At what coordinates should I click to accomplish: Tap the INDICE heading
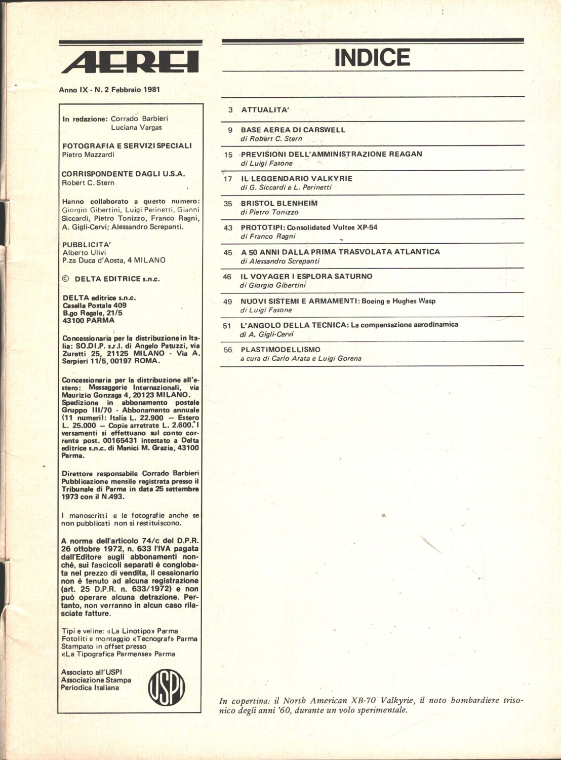coord(372,57)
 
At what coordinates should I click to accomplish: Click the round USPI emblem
coord(166,687)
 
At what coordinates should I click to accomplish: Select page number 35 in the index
coord(228,203)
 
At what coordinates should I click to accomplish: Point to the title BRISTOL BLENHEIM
coord(279,203)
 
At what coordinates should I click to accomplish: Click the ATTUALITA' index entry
coord(265,109)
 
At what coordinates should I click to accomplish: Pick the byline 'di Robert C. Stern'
coord(271,138)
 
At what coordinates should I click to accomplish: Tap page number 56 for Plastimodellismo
coord(228,350)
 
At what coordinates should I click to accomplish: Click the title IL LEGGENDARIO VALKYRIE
coord(297,178)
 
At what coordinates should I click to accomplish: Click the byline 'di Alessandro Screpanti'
coord(280,261)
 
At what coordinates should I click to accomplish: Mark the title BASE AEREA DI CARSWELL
coord(293,130)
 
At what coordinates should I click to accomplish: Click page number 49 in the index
coord(228,301)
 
